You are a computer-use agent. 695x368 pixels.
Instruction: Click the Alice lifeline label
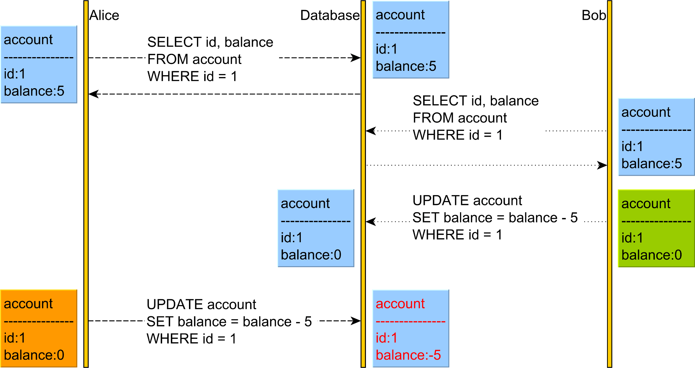coord(104,16)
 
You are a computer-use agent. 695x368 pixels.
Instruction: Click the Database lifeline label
coord(330,16)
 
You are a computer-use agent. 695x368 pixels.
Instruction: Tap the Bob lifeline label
coord(593,16)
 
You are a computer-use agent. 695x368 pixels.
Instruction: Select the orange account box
coord(39,329)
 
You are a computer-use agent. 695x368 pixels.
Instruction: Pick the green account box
coord(656,228)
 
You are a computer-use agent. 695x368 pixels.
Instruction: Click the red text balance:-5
coord(408,355)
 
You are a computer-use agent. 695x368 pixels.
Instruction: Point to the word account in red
coord(400,304)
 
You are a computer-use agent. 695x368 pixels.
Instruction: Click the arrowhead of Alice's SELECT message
coord(356,58)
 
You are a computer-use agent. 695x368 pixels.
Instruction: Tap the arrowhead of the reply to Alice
coord(93,94)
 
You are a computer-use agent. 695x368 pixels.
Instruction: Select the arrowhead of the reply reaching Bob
coord(602,165)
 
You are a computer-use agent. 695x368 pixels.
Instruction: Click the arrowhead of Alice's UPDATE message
coord(356,321)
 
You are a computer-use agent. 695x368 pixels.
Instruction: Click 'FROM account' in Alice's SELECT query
coord(194,59)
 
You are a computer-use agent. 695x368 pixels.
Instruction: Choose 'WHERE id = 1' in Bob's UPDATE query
coord(457,235)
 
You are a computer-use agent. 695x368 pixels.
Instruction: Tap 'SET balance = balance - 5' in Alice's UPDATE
coord(229,322)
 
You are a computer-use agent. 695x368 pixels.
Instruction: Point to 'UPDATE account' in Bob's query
coord(467,201)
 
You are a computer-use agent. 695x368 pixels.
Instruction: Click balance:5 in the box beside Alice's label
coord(34,91)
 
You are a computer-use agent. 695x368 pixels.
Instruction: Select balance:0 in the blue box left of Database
coord(311,255)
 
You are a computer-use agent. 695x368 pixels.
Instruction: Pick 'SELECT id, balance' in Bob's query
coord(476,101)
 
